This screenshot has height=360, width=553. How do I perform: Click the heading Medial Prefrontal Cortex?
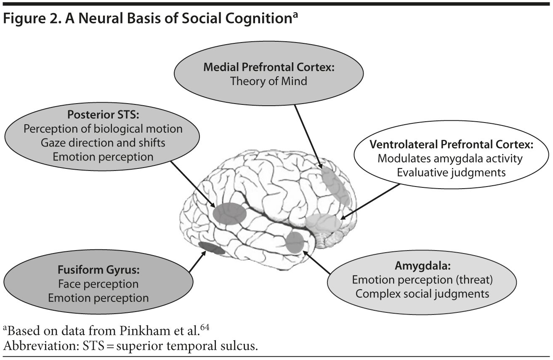point(269,67)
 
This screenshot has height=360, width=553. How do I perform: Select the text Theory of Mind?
point(269,81)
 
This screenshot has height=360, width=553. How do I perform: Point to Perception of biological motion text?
point(103,129)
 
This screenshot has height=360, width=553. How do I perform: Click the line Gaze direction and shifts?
point(103,143)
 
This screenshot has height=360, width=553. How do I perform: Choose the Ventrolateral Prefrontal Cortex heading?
point(452,144)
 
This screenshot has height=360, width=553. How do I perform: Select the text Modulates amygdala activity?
point(450,158)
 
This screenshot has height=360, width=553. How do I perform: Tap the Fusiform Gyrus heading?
point(98,270)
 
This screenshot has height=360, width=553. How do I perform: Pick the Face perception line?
point(98,284)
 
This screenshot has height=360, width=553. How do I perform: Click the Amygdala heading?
point(423,266)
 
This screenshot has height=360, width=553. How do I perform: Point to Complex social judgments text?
point(422,293)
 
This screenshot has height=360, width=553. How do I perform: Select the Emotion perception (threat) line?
point(422,280)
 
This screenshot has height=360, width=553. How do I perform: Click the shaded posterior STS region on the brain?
point(229,213)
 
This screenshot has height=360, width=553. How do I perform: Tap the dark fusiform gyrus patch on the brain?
point(209,248)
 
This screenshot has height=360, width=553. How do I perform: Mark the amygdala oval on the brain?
point(295,242)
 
